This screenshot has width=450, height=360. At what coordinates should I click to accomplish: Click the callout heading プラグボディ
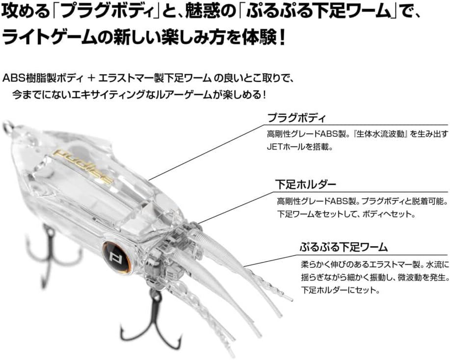click(296, 118)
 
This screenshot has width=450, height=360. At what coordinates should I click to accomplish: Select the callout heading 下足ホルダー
click(305, 185)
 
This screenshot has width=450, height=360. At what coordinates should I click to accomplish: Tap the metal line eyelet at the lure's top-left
click(6, 128)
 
